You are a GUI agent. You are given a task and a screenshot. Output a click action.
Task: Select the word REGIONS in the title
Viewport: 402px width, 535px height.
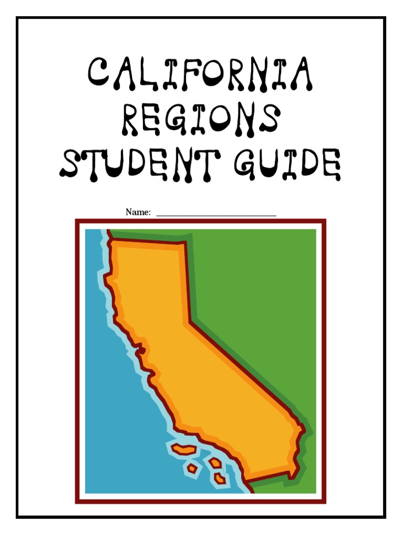(x=201, y=120)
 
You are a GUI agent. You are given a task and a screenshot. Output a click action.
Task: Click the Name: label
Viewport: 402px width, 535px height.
(x=138, y=212)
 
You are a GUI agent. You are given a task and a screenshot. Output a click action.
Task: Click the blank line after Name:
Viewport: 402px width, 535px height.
(x=216, y=214)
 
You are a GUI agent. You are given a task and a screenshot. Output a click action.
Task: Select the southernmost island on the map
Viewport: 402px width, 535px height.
(x=219, y=477)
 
